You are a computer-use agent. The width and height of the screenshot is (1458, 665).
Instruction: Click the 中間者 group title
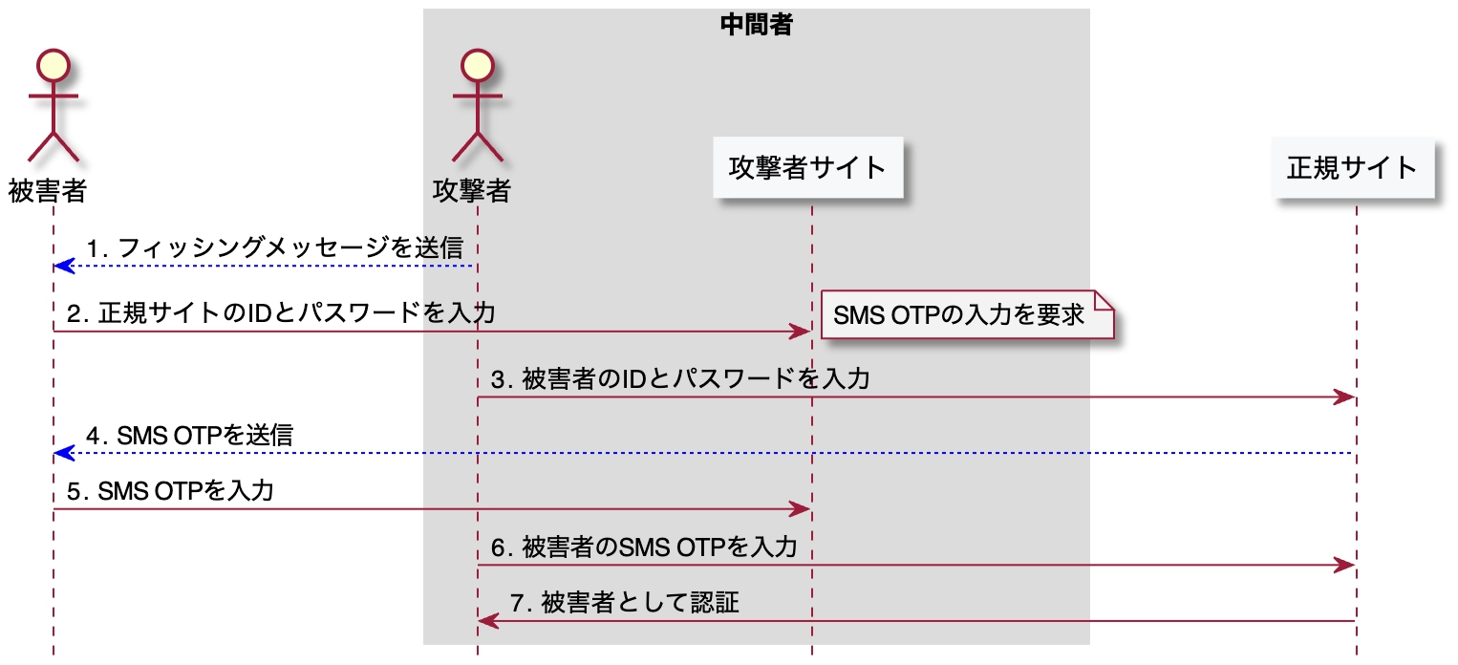click(x=756, y=25)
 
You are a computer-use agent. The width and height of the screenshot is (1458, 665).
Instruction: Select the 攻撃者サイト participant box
click(x=808, y=168)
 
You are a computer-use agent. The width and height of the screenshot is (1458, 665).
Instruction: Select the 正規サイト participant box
click(x=1352, y=168)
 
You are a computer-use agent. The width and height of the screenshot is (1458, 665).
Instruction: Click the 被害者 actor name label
click(x=48, y=191)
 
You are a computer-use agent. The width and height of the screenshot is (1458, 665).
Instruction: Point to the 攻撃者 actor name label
click(x=471, y=191)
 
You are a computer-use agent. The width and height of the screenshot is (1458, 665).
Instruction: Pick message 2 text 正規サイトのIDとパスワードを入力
click(x=281, y=313)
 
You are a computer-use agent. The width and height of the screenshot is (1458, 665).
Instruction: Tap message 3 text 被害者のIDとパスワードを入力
click(x=680, y=379)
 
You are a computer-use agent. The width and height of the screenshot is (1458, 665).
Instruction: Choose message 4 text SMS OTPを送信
click(x=189, y=436)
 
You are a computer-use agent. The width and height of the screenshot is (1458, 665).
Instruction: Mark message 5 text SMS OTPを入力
click(x=171, y=491)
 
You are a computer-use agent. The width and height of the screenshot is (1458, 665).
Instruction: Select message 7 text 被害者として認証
click(x=625, y=604)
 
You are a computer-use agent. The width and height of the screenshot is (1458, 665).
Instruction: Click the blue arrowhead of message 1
click(x=63, y=266)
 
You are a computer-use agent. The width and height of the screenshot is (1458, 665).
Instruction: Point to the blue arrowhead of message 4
click(x=63, y=453)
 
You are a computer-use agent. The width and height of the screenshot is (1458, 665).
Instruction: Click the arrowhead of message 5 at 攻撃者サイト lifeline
click(x=802, y=509)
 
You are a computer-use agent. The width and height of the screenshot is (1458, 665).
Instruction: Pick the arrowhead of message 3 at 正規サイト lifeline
click(x=1346, y=397)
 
